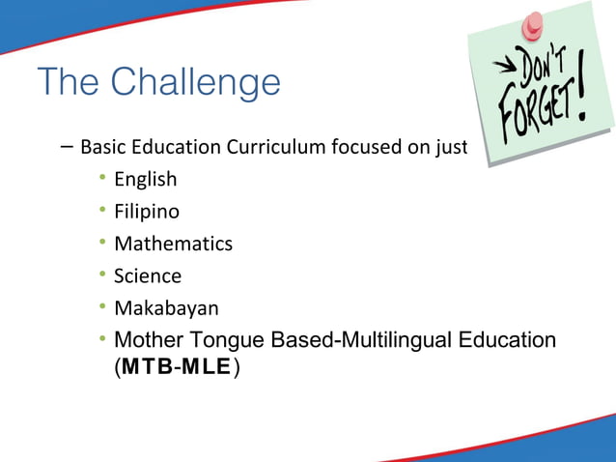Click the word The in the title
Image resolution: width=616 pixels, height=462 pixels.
coord(70,83)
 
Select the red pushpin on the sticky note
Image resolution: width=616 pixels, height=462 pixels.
coord(532,23)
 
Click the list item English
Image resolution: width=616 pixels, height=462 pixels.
coord(145,180)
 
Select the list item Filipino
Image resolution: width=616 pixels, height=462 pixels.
coord(147,212)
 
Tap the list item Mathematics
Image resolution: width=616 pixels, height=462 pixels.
coord(173,244)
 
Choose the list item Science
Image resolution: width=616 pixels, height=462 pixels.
coord(148,276)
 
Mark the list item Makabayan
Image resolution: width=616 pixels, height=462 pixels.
coord(166,308)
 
